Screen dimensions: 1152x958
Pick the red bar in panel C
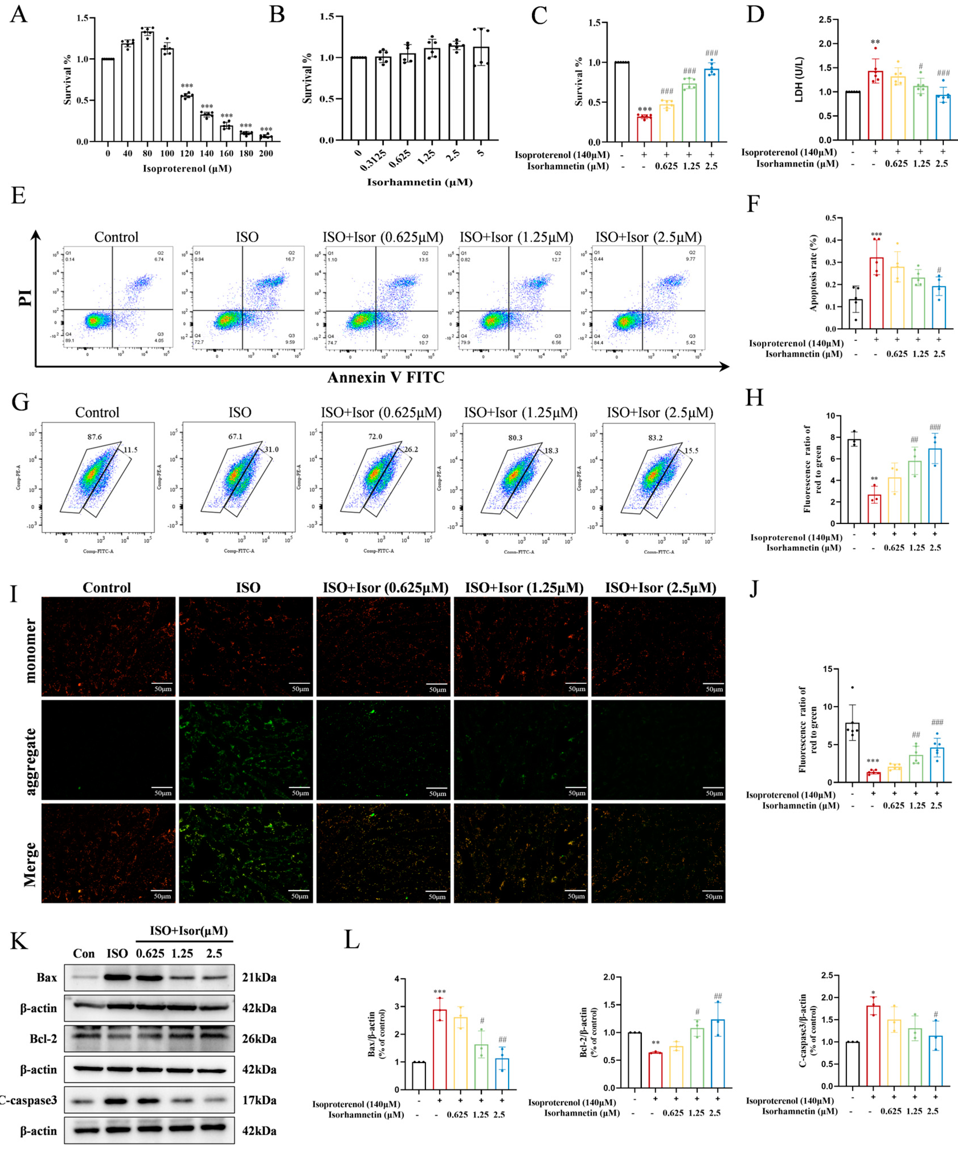644,129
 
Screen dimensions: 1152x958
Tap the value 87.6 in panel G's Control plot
94,437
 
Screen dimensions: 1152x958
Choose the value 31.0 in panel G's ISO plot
271,449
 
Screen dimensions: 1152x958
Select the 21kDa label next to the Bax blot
259,978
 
